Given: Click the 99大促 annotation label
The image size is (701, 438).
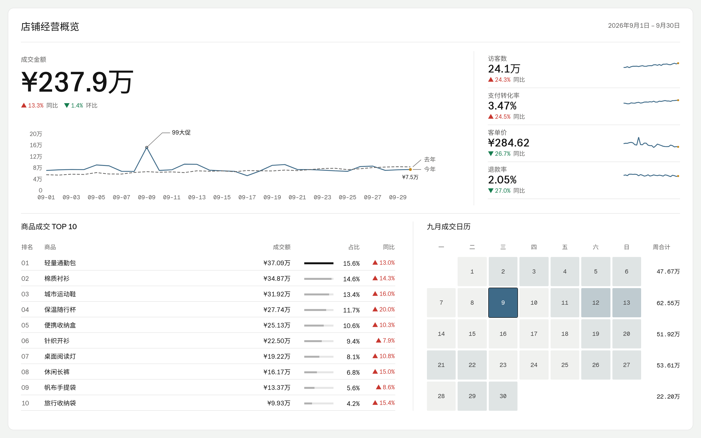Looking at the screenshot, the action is (181, 132).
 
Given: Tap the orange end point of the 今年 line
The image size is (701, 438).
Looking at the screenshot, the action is (410, 169).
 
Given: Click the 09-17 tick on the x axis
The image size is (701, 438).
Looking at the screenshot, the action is (247, 197).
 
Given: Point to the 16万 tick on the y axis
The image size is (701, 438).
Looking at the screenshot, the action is (36, 145).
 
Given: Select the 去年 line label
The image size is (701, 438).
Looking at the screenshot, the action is (430, 159).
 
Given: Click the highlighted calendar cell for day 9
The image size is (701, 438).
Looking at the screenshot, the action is (503, 302).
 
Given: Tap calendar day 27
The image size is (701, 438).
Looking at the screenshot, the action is (626, 365).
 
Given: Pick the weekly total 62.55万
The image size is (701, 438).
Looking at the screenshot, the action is (668, 303).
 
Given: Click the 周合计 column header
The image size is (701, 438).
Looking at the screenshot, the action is (661, 247).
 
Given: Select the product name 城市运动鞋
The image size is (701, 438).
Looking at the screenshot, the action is (60, 294).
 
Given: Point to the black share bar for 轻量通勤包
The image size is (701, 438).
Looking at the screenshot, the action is (319, 263).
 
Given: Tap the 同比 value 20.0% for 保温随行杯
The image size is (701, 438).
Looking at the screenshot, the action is (384, 309).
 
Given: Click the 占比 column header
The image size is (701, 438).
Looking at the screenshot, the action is (354, 247).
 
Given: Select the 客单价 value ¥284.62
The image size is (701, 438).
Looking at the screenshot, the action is (508, 143).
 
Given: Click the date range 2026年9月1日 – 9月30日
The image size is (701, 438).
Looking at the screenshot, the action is (644, 26).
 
